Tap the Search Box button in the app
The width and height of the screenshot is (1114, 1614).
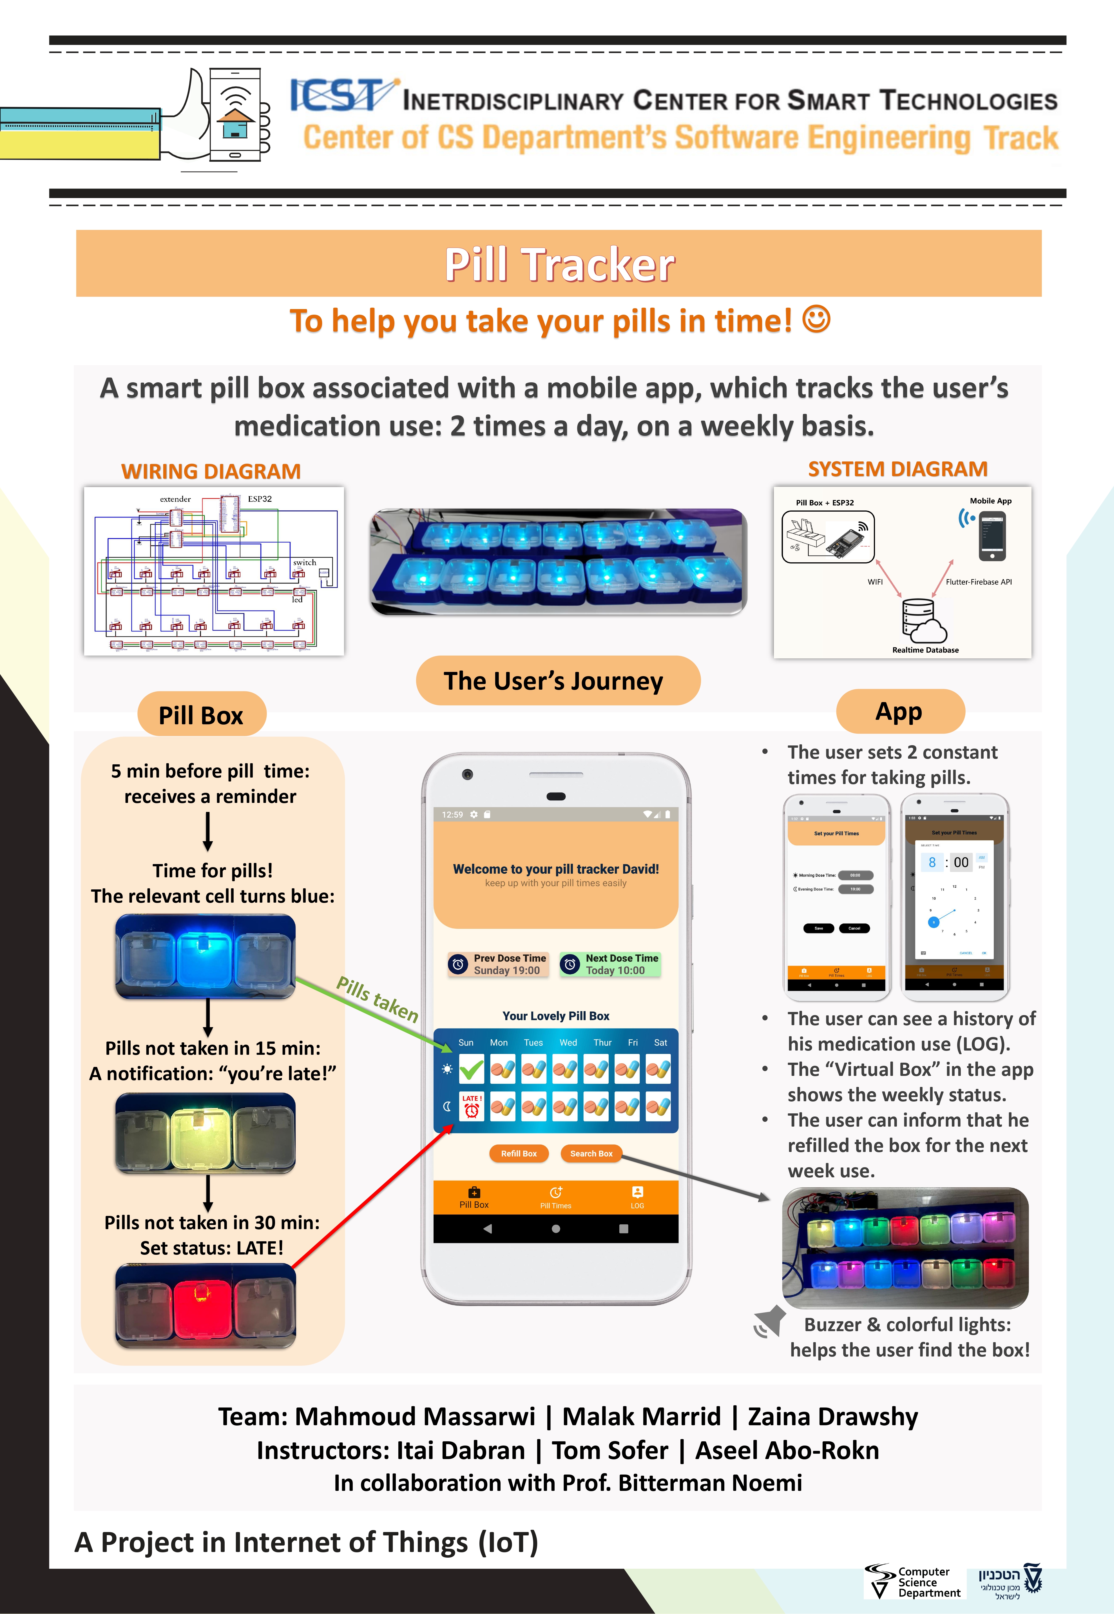pyautogui.click(x=591, y=1154)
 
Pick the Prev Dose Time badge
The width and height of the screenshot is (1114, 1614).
pyautogui.click(x=498, y=965)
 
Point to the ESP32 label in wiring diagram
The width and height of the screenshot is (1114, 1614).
pyautogui.click(x=260, y=499)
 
